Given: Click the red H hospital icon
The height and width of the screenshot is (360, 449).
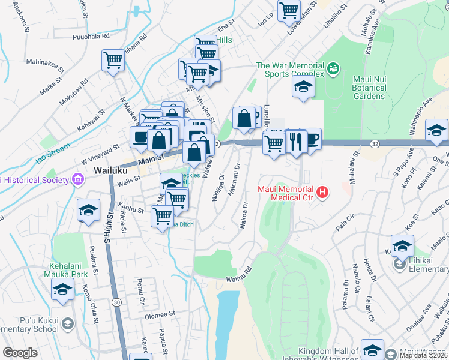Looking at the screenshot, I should click(323, 193).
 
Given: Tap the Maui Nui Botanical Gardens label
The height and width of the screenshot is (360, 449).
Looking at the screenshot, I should click(361, 88).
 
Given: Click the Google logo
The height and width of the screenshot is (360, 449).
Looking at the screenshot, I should click(20, 353).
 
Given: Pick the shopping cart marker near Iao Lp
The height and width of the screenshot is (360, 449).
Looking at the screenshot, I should click(289, 10).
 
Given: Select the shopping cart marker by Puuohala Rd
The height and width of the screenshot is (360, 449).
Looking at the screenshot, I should click(113, 60).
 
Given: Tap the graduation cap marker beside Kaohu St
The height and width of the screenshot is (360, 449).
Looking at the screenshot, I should click(88, 210).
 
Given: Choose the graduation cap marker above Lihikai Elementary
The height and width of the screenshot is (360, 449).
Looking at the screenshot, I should click(402, 245).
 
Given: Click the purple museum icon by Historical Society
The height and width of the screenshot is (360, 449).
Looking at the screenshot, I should click(77, 179).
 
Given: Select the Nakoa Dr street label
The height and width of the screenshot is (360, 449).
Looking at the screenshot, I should click(244, 215).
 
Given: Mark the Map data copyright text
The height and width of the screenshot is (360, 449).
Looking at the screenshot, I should click(423, 355).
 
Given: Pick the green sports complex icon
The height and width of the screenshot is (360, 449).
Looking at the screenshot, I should click(333, 70).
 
